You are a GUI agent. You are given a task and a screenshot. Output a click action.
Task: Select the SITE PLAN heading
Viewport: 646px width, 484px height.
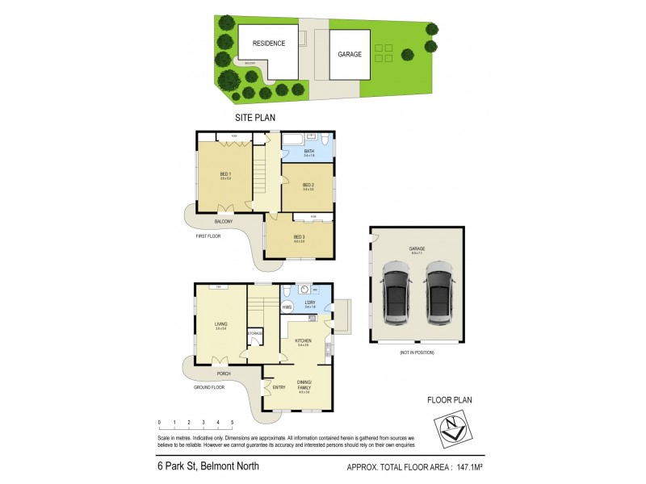(x=255, y=118)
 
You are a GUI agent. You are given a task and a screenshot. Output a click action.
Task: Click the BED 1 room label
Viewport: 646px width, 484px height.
(x=225, y=175)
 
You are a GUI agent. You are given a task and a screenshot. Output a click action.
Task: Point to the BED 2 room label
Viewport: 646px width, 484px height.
(x=308, y=185)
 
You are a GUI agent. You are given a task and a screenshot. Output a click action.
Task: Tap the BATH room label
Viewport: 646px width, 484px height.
(x=309, y=152)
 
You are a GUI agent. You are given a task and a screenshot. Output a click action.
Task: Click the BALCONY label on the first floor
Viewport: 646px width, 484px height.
(x=224, y=221)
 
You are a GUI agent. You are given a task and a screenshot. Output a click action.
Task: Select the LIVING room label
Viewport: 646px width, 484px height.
(x=220, y=324)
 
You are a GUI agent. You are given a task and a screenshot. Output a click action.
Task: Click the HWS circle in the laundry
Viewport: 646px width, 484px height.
(x=287, y=307)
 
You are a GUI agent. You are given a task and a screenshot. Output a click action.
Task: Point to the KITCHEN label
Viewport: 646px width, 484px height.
(x=302, y=341)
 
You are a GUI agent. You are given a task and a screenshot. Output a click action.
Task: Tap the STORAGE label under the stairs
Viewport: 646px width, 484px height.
(x=255, y=333)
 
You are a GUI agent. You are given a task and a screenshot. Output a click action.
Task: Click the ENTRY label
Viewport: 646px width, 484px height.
(x=279, y=387)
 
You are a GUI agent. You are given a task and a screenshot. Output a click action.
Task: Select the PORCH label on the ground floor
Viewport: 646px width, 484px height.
(x=223, y=373)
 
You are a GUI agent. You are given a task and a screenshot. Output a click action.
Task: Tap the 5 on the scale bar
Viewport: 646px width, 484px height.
(x=233, y=422)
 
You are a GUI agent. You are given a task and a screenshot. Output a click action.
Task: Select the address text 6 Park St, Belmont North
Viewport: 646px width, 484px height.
(x=203, y=465)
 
